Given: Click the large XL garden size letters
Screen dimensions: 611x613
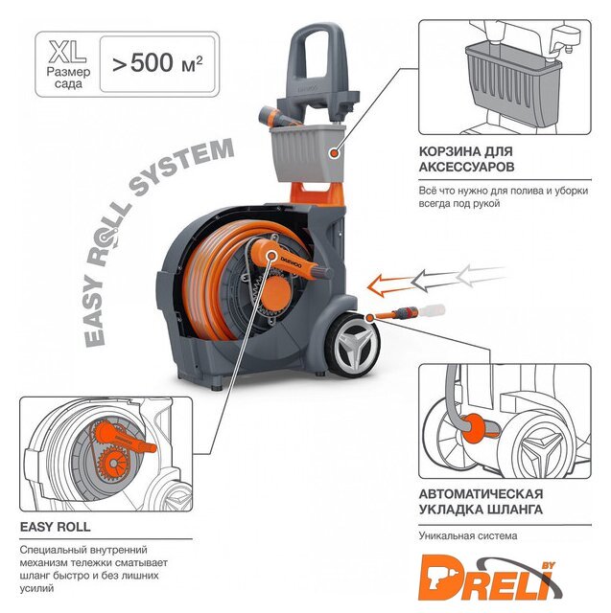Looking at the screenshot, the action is tap(67, 52).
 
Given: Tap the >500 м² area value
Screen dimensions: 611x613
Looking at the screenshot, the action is tap(157, 62).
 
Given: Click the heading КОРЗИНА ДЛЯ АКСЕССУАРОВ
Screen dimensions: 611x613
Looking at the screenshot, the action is tap(466, 159).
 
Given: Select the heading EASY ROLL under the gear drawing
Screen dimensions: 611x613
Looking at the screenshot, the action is tap(56, 527).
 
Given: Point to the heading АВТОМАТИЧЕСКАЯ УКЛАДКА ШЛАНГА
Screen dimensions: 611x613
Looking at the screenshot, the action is tap(482, 502).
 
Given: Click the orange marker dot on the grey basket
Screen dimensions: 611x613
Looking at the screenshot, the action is tap(334, 153).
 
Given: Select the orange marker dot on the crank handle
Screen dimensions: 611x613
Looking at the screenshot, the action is tap(270, 256).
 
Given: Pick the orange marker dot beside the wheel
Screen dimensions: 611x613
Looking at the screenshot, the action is tap(369, 317).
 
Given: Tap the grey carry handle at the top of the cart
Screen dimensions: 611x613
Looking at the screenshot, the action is tap(318, 66).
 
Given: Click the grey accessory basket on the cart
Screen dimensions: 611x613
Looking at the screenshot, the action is tap(307, 153).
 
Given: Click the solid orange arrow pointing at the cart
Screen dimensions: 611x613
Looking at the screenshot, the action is tap(389, 285).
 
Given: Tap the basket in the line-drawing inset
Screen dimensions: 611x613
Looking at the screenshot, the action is tap(513, 83).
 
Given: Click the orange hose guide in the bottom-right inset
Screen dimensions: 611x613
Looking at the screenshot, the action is tap(480, 427).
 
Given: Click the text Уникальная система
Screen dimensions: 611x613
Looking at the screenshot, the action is tap(468, 535).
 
